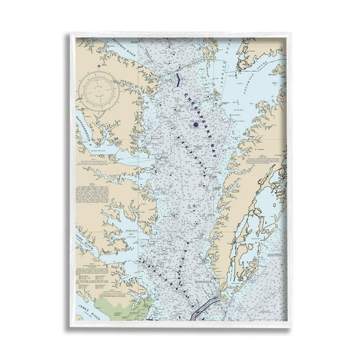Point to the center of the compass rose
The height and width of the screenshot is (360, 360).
tap(99, 92)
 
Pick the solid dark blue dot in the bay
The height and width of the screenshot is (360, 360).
tap(195, 124)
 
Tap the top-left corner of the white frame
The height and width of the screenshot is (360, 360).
tap(70, 33)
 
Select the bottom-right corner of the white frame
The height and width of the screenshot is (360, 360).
tap(291, 326)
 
